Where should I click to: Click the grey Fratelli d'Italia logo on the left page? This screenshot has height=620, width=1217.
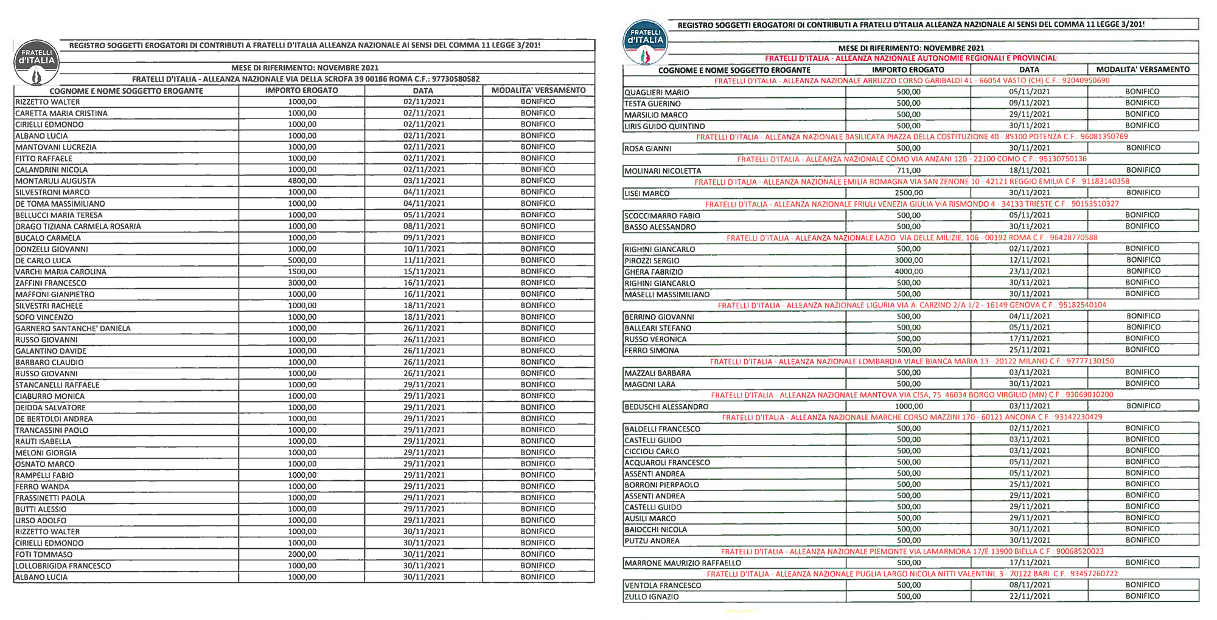[37, 63]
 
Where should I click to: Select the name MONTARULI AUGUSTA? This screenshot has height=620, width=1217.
[55, 181]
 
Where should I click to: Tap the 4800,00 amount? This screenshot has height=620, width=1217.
[302, 181]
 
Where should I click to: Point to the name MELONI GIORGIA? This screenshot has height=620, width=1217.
[46, 453]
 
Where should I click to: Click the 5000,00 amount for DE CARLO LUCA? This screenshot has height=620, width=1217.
[302, 260]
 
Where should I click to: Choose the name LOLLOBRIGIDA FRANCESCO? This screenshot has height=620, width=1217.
[63, 566]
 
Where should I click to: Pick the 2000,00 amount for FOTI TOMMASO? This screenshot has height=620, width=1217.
[302, 554]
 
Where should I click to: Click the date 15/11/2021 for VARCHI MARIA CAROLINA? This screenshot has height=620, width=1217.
[424, 272]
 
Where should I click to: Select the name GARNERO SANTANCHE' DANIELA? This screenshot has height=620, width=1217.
[73, 328]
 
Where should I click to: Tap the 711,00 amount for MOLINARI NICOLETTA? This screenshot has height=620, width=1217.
[908, 171]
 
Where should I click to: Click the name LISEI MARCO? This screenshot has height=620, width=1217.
[647, 193]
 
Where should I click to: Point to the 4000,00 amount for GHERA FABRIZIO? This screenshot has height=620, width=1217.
[908, 272]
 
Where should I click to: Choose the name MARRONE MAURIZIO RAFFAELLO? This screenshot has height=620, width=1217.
[683, 563]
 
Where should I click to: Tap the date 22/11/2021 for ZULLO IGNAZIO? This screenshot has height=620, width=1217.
[1030, 596]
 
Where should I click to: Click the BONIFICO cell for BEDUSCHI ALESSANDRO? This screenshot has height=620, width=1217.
[1143, 406]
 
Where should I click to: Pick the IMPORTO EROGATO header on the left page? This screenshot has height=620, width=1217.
[302, 91]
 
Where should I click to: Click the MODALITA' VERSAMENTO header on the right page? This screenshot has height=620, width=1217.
[1143, 69]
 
